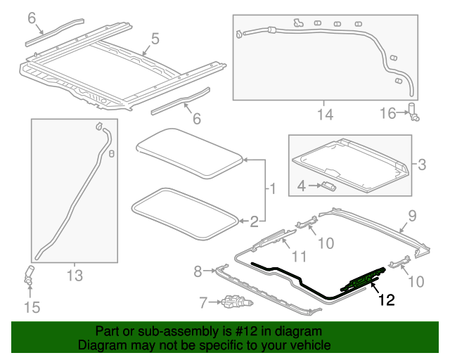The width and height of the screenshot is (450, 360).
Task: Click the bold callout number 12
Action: coord(387,300)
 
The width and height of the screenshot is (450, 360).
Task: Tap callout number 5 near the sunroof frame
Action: coord(155,39)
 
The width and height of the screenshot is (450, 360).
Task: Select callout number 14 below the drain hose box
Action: coord(325,115)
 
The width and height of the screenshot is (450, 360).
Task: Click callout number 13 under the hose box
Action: coord(75,276)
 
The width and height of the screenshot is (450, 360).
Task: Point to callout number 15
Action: coord(32,307)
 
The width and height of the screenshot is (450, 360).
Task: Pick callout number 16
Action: coord(387,113)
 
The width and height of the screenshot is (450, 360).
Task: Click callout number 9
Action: coord(412,216)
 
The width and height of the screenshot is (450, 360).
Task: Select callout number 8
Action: coord(198,271)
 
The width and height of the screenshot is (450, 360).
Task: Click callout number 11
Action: coord(299,256)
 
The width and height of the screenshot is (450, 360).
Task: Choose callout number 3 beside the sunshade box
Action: coord(422,165)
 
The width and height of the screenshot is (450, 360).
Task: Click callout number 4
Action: coord(302,186)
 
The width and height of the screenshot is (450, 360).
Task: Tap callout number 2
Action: coord(254,221)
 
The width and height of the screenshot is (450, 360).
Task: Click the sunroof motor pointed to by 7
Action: coord(237,302)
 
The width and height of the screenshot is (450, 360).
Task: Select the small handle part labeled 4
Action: coord(328,186)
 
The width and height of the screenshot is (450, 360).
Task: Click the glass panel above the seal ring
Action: coord(189,153)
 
